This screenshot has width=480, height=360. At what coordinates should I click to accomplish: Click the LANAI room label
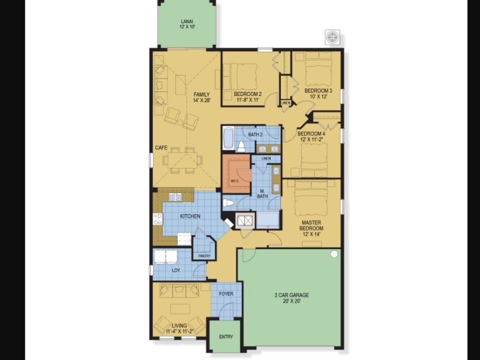(x=187, y=22)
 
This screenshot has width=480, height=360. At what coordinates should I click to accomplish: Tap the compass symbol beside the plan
(x=332, y=37)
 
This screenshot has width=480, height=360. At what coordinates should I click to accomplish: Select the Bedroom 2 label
(x=247, y=94)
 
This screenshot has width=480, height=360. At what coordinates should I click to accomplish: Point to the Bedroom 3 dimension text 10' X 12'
(x=318, y=97)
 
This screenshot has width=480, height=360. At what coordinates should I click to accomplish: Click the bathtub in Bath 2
(x=228, y=139)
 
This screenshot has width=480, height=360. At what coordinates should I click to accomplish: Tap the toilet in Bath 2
(x=241, y=147)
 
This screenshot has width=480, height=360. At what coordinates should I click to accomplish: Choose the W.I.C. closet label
(x=235, y=181)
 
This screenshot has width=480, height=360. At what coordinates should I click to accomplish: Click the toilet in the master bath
(x=229, y=203)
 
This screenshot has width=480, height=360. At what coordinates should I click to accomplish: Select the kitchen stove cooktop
(x=158, y=219)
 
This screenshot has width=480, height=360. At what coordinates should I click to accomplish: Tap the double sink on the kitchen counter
(x=175, y=197)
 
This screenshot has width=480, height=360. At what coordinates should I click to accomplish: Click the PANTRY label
(x=204, y=256)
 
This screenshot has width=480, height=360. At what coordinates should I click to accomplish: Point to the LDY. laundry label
(x=176, y=271)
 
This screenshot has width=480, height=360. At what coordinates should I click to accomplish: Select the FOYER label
(x=226, y=294)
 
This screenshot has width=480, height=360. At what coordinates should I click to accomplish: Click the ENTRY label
(x=226, y=337)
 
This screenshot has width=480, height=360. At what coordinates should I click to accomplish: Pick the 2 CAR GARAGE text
(x=292, y=295)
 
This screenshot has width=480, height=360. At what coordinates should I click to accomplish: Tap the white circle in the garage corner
(x=334, y=254)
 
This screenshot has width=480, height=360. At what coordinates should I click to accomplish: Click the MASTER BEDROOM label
(x=311, y=226)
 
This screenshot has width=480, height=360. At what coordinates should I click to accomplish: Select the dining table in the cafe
(x=182, y=160)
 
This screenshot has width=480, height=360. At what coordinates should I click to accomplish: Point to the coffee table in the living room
(x=180, y=309)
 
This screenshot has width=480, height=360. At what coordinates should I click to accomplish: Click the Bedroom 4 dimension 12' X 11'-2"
(x=311, y=140)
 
